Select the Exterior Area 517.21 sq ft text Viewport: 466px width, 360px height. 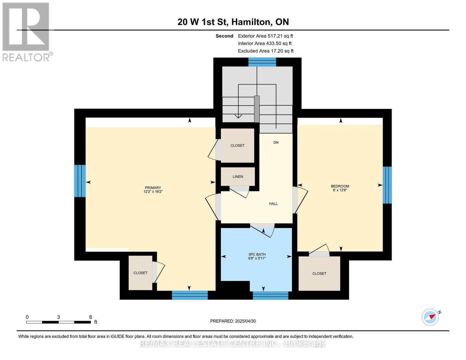point(265,36)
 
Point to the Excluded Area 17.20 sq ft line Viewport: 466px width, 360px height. point(266,51)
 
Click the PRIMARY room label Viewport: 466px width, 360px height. point(153,190)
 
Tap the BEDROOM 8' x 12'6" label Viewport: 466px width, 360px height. point(340,188)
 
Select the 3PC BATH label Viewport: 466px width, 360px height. point(257,256)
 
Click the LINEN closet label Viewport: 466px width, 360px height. point(238,177)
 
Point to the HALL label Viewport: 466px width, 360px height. point(273,204)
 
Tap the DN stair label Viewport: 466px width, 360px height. point(276,142)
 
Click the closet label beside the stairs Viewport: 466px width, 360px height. point(237,145)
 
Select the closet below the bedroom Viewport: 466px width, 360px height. point(319,274)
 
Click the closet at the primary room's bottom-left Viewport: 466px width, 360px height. point(140,273)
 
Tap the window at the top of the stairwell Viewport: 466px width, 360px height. point(262,62)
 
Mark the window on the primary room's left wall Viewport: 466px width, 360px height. point(80,181)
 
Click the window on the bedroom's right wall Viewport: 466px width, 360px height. point(387,185)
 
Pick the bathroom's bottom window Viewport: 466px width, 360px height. point(270,295)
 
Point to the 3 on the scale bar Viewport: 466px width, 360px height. point(59,317)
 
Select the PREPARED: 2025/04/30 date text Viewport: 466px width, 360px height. point(233,321)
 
